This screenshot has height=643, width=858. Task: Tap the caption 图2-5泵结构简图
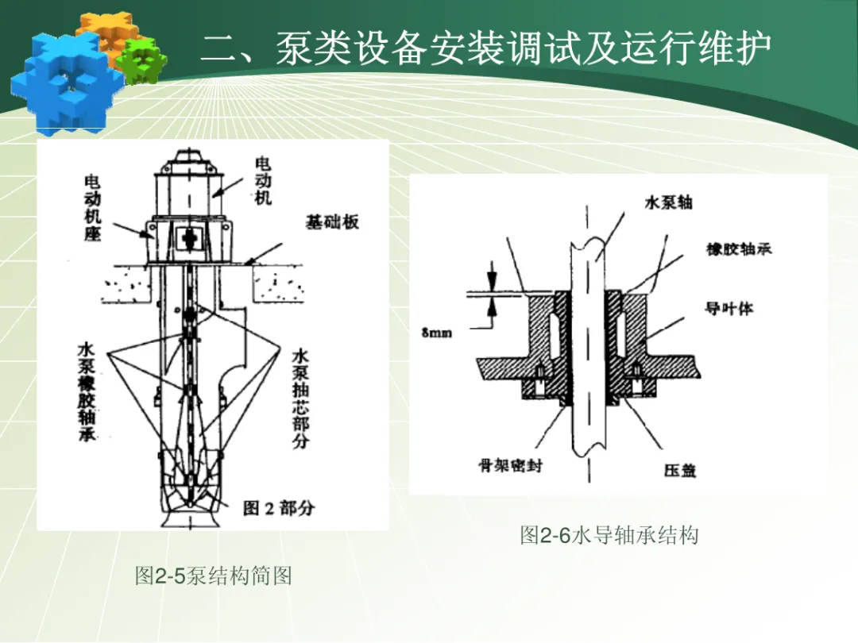click(x=213, y=575)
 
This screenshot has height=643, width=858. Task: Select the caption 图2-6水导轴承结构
click(x=609, y=535)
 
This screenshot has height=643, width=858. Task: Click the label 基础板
click(x=332, y=222)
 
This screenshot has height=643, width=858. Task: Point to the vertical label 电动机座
click(x=93, y=208)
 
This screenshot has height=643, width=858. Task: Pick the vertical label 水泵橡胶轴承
click(x=87, y=392)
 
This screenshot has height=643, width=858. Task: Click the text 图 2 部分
click(x=277, y=508)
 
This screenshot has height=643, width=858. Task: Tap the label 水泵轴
click(x=667, y=202)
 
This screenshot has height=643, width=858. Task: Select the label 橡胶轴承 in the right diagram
click(x=738, y=249)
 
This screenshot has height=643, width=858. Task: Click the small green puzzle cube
click(x=141, y=60)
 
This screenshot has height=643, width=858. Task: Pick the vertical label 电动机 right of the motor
click(x=262, y=181)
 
